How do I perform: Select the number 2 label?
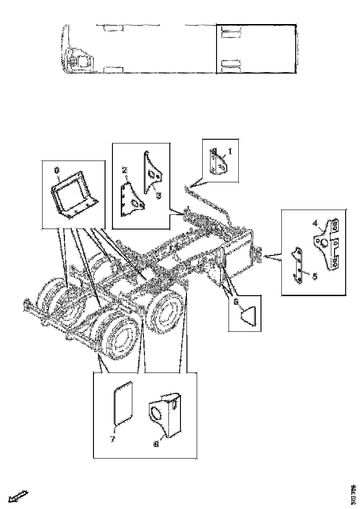[124, 170]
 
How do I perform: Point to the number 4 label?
[315, 223]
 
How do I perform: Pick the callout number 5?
[314, 276]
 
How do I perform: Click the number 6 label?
[236, 301]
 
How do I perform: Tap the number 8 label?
[155, 443]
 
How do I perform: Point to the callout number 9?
[57, 170]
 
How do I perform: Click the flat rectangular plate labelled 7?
[123, 402]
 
